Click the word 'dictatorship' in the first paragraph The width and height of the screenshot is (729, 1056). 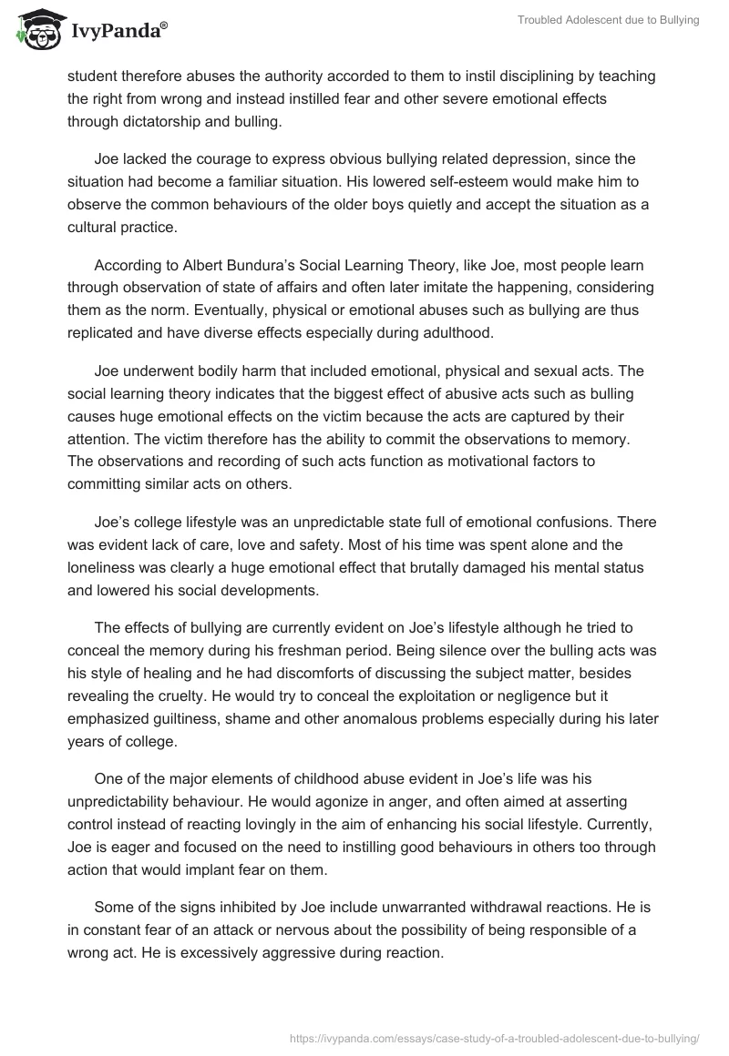pyautogui.click(x=160, y=120)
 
